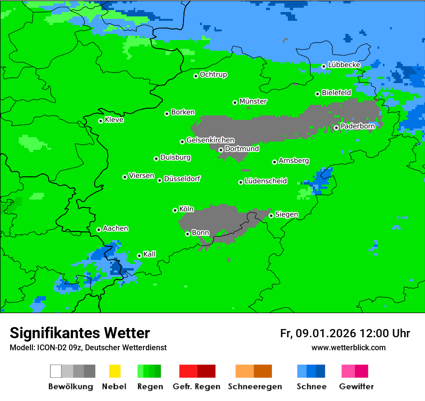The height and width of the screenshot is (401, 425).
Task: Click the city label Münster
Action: click(x=253, y=101)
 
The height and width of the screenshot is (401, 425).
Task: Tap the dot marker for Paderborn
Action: click(x=336, y=128)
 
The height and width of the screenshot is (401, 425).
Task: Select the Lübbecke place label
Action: click(x=344, y=65)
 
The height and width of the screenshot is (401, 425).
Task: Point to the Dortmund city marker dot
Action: click(x=221, y=150)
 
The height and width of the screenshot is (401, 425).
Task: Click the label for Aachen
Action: click(x=115, y=229)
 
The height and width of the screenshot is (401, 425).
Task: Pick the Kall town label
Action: click(x=150, y=254)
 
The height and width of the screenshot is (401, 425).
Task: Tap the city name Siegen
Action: click(x=286, y=215)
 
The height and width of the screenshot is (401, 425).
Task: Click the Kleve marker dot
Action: click(x=100, y=121)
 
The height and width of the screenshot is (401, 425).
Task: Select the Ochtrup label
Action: click(x=213, y=75)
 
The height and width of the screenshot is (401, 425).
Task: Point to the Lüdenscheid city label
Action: click(x=266, y=181)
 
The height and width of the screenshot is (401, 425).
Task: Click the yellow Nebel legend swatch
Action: click(x=114, y=371)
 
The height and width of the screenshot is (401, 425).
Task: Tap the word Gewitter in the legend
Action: click(x=356, y=387)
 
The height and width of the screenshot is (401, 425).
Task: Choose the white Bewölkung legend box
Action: click(x=56, y=371)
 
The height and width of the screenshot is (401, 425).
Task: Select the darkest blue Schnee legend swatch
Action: click(x=321, y=371)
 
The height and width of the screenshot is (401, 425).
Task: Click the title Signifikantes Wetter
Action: click(x=80, y=333)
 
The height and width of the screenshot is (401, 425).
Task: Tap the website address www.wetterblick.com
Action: click(x=348, y=347)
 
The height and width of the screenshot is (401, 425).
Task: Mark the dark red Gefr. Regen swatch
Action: click(x=206, y=371)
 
